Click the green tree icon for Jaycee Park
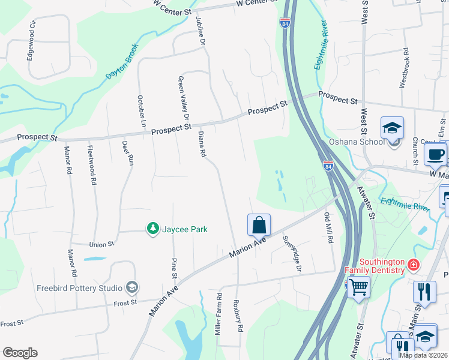153,229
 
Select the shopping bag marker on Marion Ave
259,226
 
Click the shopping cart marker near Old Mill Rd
358,287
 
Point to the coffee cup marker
435,154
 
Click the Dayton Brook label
122,61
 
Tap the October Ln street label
142,111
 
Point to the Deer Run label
127,152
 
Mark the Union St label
101,245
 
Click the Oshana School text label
357,142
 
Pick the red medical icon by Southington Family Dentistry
413,265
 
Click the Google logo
20,353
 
